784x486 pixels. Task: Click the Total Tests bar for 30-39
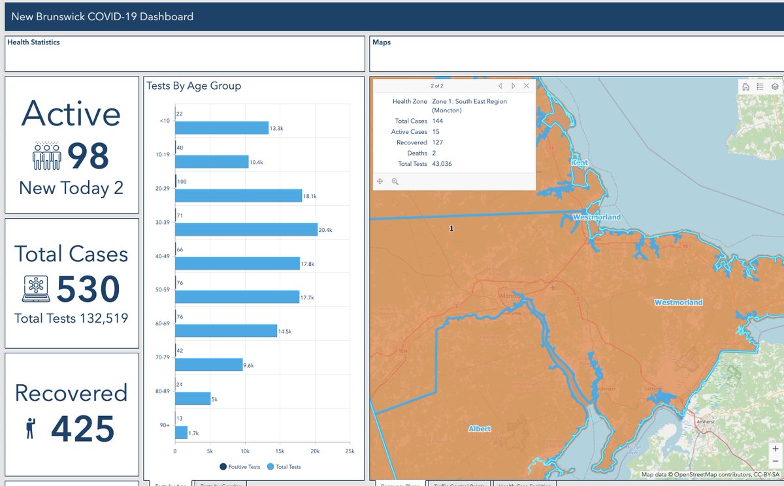click(246, 230)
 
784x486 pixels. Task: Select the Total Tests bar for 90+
click(181, 432)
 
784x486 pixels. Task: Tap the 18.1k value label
click(311, 195)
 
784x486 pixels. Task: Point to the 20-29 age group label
click(163, 187)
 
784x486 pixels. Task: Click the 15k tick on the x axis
click(280, 451)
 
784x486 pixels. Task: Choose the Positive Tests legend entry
click(241, 466)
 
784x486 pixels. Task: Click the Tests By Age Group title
click(193, 86)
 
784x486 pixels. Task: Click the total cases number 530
click(88, 289)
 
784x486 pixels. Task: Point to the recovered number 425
click(83, 429)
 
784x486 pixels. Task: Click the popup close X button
click(527, 86)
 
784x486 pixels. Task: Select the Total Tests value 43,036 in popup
click(442, 163)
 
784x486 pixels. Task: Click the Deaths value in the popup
click(434, 153)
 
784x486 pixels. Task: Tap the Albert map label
click(480, 429)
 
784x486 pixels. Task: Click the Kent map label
click(580, 162)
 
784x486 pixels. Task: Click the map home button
click(745, 86)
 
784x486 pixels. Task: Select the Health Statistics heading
click(33, 42)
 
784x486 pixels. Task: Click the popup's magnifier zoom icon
click(395, 182)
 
